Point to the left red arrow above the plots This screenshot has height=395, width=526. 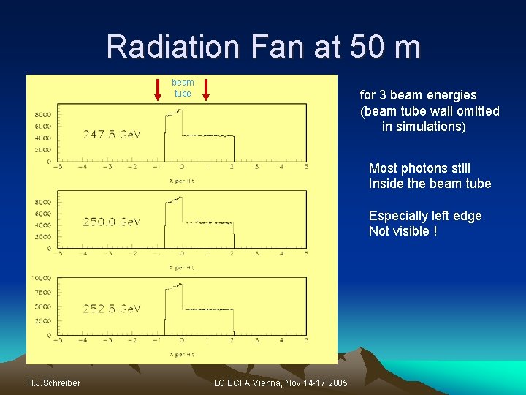tap(159, 88)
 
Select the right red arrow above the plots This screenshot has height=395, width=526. tap(206, 88)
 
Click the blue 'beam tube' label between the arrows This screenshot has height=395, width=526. tap(183, 88)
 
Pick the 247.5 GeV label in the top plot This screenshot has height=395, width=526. tap(112, 135)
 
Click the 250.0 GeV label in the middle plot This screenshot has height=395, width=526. tap(112, 222)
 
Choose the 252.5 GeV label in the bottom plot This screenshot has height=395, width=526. tap(112, 309)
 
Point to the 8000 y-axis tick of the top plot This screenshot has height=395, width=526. tap(42, 115)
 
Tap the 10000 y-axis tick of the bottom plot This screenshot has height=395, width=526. tap(41, 278)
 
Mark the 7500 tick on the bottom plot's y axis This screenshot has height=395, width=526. tap(42, 293)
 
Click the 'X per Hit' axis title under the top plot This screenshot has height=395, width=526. tap(182, 181)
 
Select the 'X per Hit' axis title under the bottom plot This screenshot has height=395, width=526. tap(182, 354)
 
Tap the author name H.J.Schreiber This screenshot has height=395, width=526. tap(53, 383)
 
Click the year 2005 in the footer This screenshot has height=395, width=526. tap(337, 383)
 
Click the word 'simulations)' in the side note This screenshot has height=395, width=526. tap(424, 127)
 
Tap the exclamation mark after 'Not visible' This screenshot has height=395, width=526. tap(435, 231)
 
